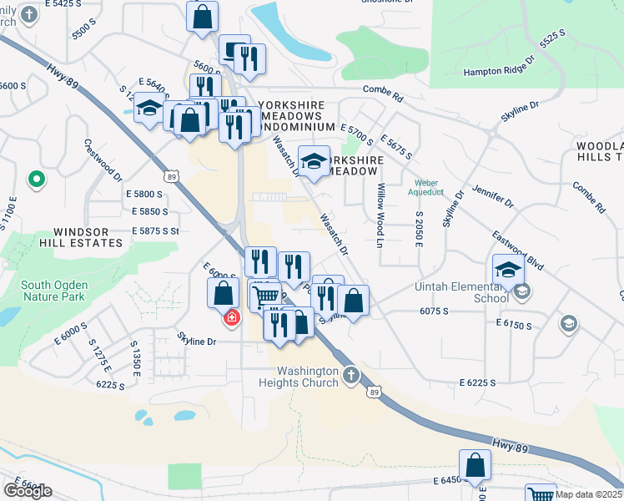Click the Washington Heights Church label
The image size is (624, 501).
pos(309,377)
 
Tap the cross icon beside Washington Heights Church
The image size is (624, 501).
pos(351,375)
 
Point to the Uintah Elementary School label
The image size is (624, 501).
pos(462,292)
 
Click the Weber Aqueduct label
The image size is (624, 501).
pos(426,188)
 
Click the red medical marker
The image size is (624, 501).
pos(231,318)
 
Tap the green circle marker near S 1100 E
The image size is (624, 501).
pos(36,179)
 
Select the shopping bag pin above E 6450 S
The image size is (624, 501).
pos(475,464)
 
